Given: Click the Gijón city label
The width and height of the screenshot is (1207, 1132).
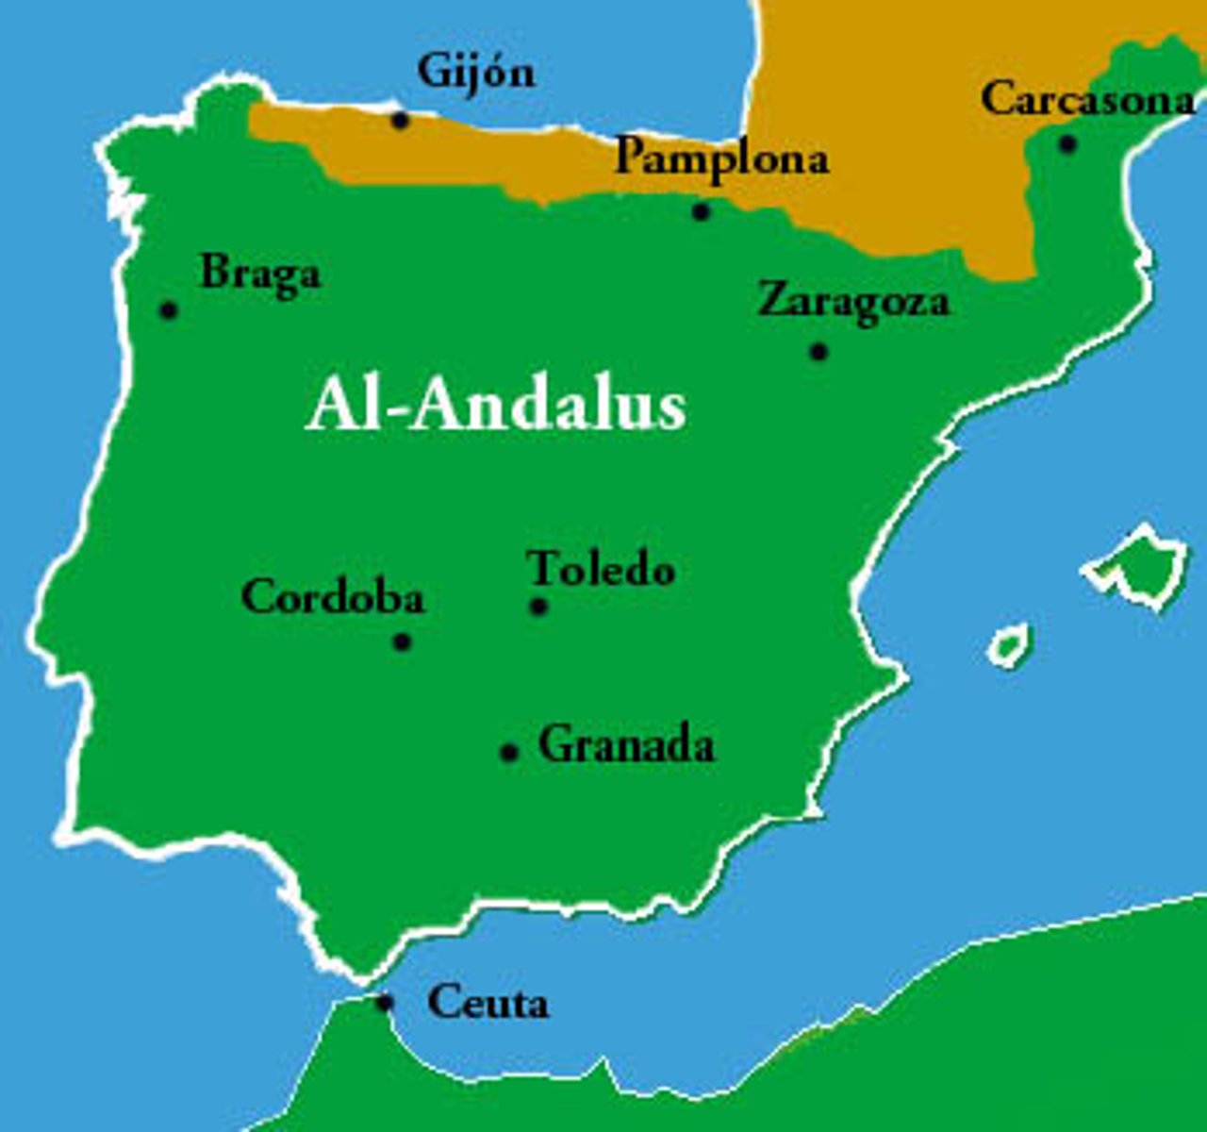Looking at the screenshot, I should [476, 73].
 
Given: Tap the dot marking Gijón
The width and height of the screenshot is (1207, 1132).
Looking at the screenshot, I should [400, 120].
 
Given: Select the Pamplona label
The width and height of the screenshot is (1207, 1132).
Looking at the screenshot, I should [721, 158].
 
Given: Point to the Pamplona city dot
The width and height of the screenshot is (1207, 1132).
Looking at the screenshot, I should [701, 211].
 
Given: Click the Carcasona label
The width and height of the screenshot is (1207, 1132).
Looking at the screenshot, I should [1087, 99].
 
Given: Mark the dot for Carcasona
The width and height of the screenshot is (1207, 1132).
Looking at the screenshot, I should [1066, 144].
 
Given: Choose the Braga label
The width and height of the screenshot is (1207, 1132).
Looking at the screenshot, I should [260, 275].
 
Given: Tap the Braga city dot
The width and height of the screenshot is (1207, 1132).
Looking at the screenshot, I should [169, 309].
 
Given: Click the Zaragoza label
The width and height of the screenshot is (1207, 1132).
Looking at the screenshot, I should [853, 302].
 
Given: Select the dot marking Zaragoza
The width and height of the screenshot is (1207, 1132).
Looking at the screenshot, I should [818, 352].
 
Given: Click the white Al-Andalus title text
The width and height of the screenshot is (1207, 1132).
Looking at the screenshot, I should [495, 406].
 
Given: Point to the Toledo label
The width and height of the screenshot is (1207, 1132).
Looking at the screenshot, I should [601, 569].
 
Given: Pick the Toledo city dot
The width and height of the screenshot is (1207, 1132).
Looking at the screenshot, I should [538, 607].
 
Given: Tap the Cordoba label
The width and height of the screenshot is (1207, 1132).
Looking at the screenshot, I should [333, 597].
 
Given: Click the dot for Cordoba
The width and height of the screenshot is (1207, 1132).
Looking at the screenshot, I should [402, 642].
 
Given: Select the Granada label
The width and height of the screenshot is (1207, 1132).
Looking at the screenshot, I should [626, 745].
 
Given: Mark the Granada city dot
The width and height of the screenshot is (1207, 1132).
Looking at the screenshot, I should [509, 752].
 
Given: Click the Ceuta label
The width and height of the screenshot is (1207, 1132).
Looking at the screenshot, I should [488, 1002].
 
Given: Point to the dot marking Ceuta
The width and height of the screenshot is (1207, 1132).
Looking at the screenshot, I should [384, 1002].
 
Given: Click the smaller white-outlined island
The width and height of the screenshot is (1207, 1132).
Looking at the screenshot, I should [1009, 646].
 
